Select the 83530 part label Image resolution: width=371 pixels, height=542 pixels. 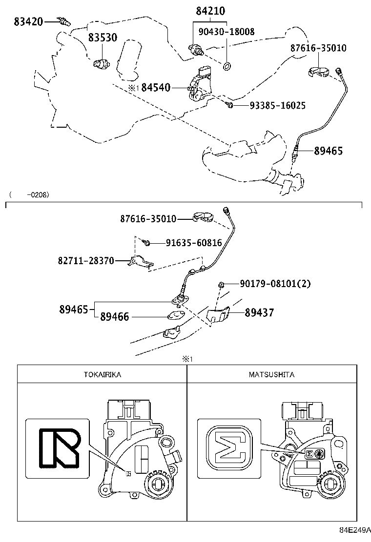coord(103,38)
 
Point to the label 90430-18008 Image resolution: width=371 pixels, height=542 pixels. coord(227,32)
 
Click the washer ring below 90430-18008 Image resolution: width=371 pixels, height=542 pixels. coord(227,65)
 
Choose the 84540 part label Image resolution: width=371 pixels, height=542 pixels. coord(156,88)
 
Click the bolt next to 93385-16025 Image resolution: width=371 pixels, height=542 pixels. coord(229,105)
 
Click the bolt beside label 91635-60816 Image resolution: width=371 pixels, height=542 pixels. coord(146,242)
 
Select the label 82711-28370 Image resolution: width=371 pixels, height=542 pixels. coord(85,261)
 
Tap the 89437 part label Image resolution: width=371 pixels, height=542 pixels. coord(259,312)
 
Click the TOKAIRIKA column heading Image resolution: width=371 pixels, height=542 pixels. coord(102,374)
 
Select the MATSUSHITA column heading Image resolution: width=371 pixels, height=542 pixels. coord(271,374)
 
